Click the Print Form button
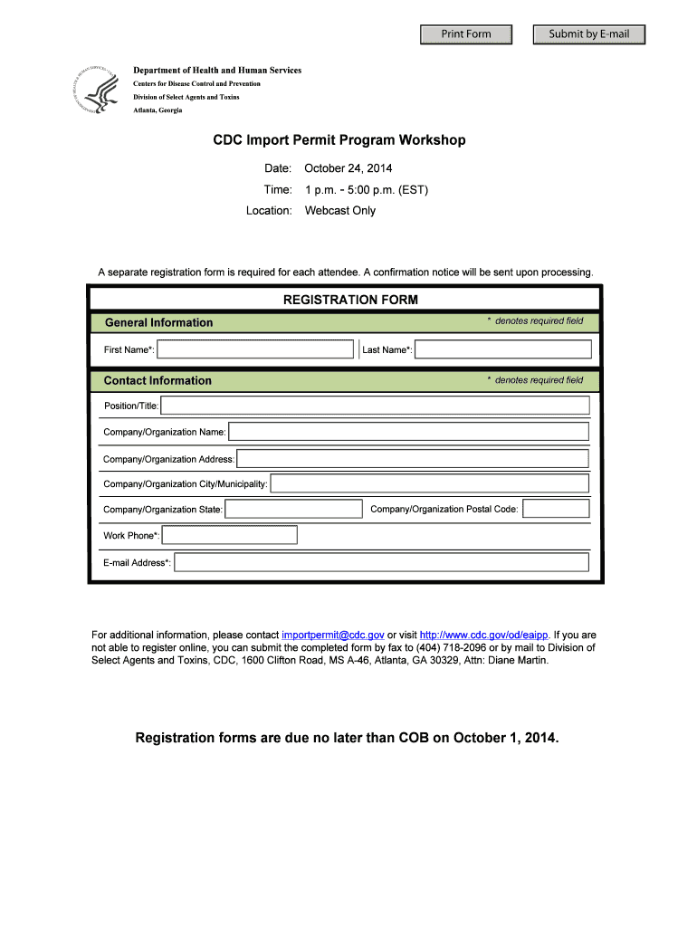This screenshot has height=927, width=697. (x=466, y=34)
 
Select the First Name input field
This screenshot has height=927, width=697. (x=255, y=349)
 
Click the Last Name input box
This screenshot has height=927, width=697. (x=503, y=349)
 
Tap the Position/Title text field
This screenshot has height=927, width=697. (x=375, y=406)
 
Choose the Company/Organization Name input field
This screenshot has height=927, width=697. (x=408, y=432)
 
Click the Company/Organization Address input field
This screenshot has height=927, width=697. (x=413, y=459)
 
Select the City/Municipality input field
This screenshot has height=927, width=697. (x=429, y=484)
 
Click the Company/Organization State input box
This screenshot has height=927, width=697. (x=293, y=510)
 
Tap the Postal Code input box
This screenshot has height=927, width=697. (x=556, y=510)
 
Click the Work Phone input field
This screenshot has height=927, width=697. (x=229, y=536)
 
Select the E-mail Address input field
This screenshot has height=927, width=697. (x=381, y=563)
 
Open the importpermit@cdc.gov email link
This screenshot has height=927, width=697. (x=333, y=636)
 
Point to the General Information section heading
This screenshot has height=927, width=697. (x=159, y=323)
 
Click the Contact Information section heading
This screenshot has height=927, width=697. (x=158, y=381)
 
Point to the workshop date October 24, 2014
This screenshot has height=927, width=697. (x=348, y=168)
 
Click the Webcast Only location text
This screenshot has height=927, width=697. (x=340, y=211)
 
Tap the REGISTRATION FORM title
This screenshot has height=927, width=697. (x=350, y=300)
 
